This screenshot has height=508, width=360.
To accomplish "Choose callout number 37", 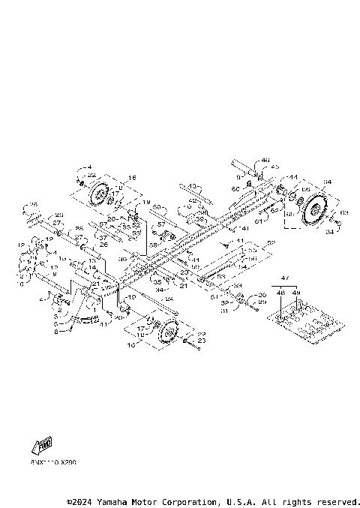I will click(103, 238).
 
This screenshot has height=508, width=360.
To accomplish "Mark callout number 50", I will click(156, 206).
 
